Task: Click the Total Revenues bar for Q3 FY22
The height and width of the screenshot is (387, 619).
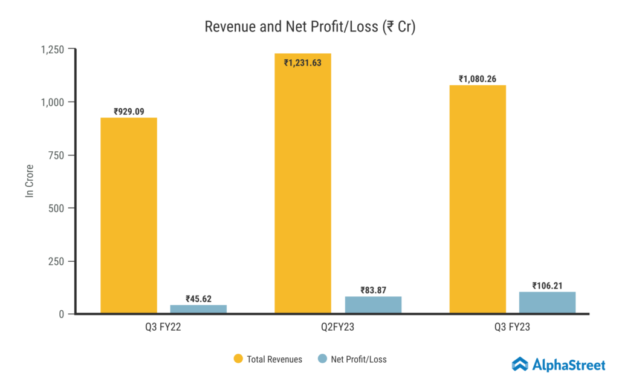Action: [x=128, y=215]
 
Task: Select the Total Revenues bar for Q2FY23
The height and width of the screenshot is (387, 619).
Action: [x=303, y=183]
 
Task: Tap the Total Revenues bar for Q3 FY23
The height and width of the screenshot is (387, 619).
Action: [x=478, y=200]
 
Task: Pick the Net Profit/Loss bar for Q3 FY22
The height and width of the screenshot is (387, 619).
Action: [x=198, y=309]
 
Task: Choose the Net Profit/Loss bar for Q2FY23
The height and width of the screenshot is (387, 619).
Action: [x=373, y=305]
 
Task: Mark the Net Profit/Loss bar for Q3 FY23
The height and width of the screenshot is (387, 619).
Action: [x=547, y=302]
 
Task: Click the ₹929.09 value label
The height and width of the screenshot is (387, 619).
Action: [x=129, y=112]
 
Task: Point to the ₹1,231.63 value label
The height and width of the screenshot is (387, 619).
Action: [x=303, y=62]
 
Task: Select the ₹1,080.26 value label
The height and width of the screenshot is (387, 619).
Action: [x=478, y=79]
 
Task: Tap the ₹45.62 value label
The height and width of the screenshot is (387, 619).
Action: [x=198, y=299]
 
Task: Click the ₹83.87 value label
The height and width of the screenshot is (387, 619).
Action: [x=373, y=290]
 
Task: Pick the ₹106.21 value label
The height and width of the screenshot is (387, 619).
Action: [x=547, y=286]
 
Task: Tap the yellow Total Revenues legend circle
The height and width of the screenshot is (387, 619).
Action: [x=238, y=359]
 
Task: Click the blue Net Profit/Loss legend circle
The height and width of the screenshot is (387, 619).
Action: [x=322, y=359]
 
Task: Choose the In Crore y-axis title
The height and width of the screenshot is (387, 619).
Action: [x=29, y=181]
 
